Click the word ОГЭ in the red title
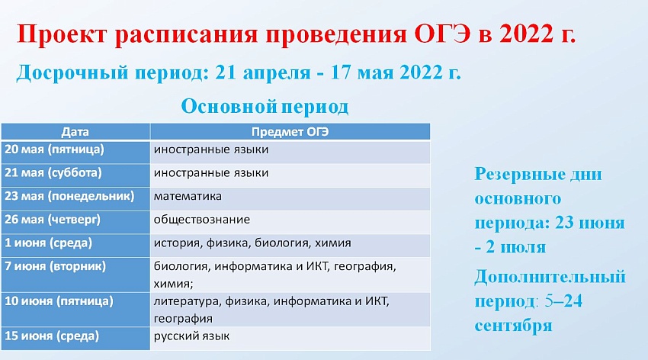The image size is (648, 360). [443, 34]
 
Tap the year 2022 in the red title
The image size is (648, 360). [526, 34]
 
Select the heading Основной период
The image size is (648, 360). [265, 107]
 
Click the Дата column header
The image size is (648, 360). [75, 132]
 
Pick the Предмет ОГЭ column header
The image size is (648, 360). [290, 132]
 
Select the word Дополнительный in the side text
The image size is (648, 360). [550, 277]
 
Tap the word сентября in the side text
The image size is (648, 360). [513, 326]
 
